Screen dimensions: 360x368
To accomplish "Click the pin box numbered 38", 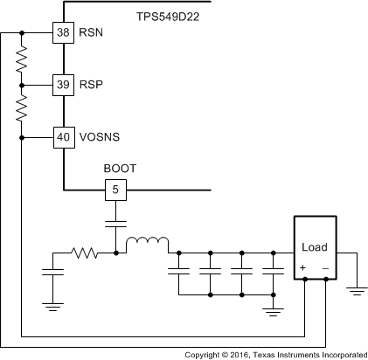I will pos(64,32).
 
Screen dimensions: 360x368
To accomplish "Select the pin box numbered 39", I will pos(64,85).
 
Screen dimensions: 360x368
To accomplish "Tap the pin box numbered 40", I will pos(64,136).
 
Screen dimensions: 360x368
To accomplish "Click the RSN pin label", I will pos(91,33).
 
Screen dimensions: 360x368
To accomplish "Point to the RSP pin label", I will pos(91,85).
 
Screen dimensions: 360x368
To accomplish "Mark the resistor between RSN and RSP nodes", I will pos(22,59).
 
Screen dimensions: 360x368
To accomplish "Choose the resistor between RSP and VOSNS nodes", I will pos(22,110).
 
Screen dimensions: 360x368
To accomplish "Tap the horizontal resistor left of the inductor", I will pos(85,253).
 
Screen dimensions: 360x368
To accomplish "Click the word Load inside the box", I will pos(314,247).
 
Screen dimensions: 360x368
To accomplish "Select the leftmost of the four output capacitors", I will pos(178,273).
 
